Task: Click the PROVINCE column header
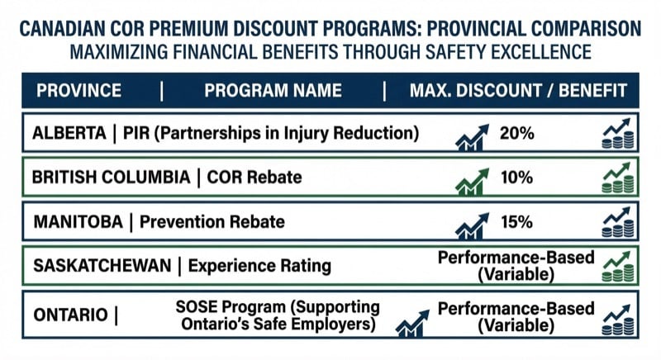(79, 91)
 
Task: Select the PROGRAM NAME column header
(273, 91)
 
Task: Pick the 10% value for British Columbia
(516, 178)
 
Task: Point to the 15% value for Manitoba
(516, 221)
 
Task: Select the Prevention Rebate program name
(213, 221)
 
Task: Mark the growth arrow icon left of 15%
(471, 223)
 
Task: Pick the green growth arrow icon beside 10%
(471, 179)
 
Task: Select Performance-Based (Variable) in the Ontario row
(516, 316)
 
